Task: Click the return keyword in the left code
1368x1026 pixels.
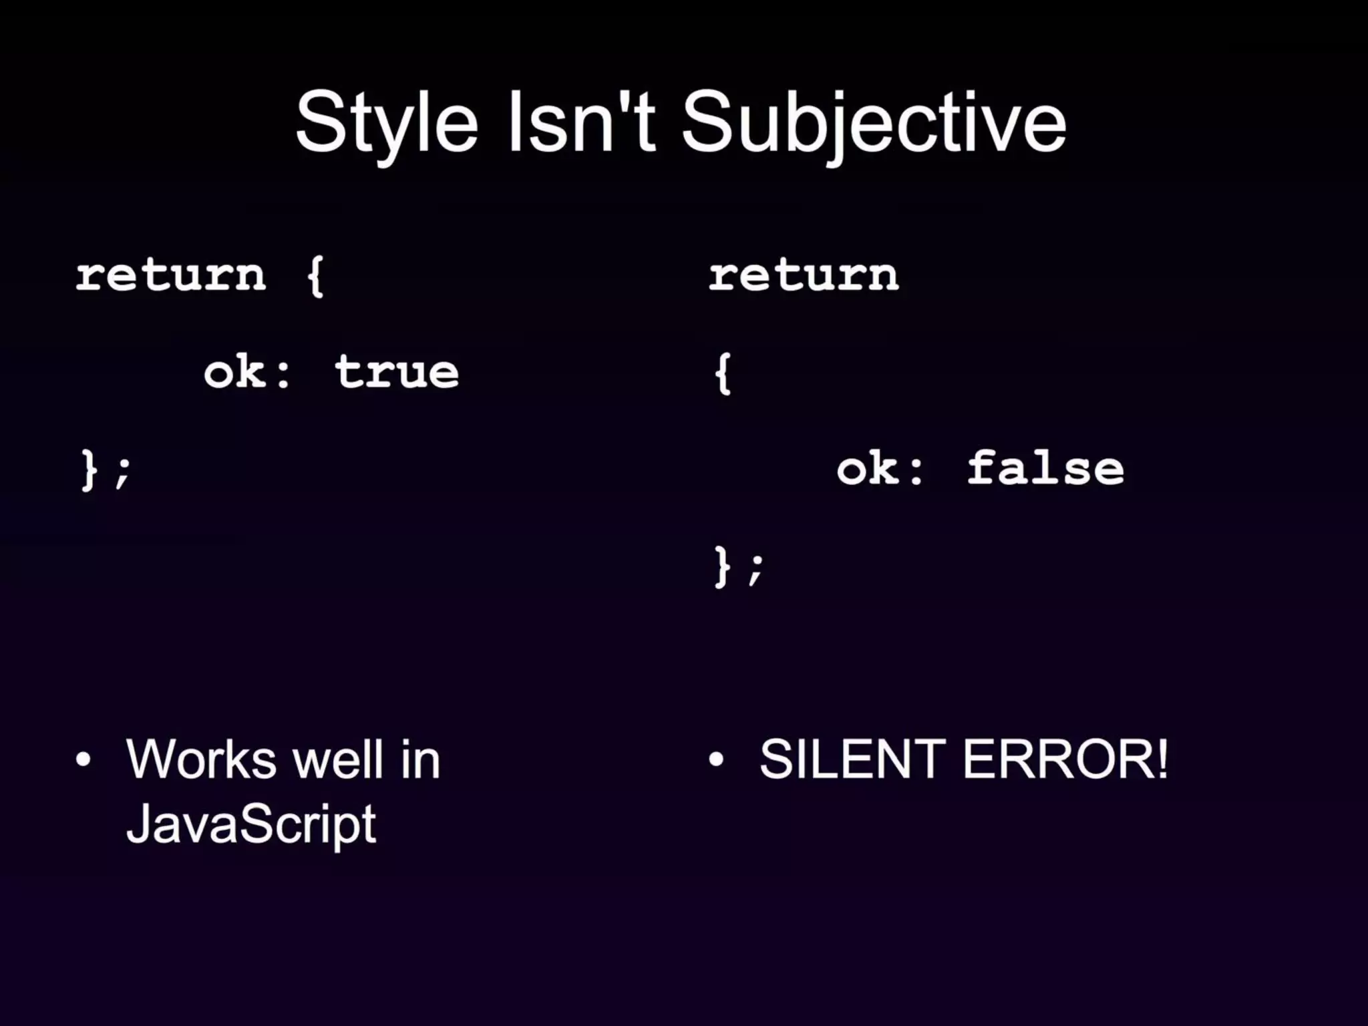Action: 171,275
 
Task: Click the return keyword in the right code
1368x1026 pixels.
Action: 804,275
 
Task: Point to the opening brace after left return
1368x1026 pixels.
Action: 315,275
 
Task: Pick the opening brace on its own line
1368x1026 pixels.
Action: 723,373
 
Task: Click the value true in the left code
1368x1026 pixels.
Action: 397,372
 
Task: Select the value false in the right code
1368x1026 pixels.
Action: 1046,468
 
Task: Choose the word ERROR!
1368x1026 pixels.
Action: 1065,759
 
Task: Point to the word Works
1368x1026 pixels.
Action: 201,759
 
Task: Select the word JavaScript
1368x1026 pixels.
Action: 251,824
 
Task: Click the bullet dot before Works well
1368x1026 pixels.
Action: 83,759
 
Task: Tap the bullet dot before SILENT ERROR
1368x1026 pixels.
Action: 717,759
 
